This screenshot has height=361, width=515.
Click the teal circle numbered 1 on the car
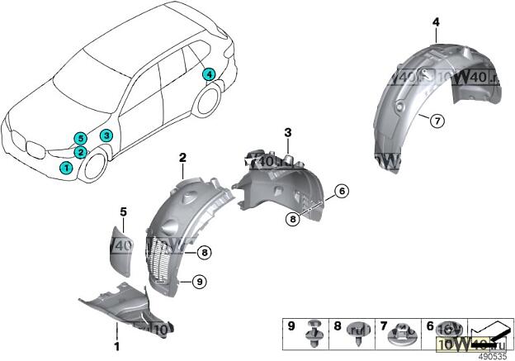[66, 168]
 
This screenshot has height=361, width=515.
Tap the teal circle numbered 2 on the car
[80, 152]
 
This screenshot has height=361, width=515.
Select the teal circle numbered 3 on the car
[106, 135]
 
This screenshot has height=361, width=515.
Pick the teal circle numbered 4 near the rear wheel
[210, 74]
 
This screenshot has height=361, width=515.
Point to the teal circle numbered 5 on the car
[79, 138]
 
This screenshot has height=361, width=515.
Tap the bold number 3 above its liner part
[288, 132]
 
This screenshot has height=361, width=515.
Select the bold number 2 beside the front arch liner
[182, 157]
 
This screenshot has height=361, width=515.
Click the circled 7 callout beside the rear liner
[437, 121]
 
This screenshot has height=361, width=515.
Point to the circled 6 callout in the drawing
[343, 191]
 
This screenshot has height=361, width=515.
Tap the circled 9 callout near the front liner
[198, 282]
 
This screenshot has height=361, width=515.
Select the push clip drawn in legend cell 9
[314, 331]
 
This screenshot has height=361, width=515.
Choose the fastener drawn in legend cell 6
[446, 332]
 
